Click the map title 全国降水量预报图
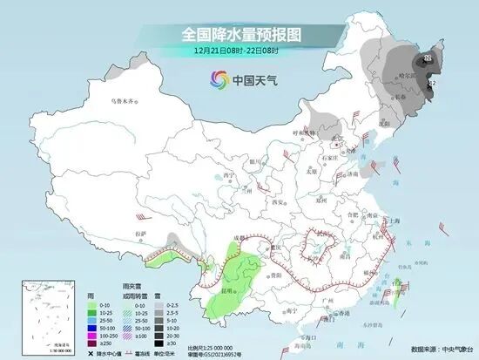(x=239, y=35)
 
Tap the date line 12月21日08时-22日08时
(x=239, y=50)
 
